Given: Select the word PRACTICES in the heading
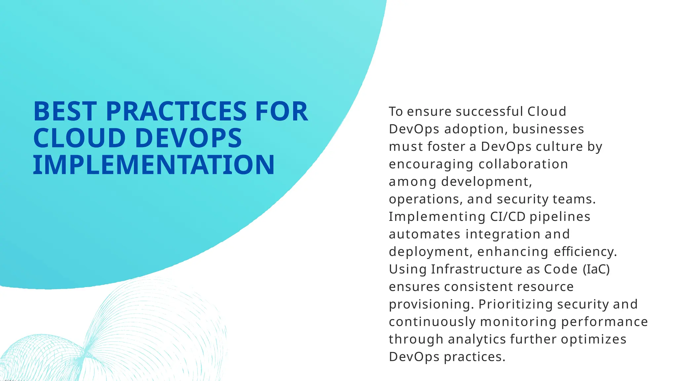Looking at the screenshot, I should point(176,111).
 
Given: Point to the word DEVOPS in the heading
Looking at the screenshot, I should point(188,138).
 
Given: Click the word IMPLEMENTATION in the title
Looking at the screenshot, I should point(154,165).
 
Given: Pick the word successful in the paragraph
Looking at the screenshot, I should point(489,111).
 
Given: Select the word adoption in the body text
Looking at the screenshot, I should point(474,129).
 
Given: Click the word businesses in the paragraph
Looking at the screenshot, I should point(548,129).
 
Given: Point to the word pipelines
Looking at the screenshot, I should point(560,217).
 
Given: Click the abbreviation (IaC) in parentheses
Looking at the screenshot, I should point(596,269).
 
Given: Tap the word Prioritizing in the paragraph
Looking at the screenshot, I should point(515,304).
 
